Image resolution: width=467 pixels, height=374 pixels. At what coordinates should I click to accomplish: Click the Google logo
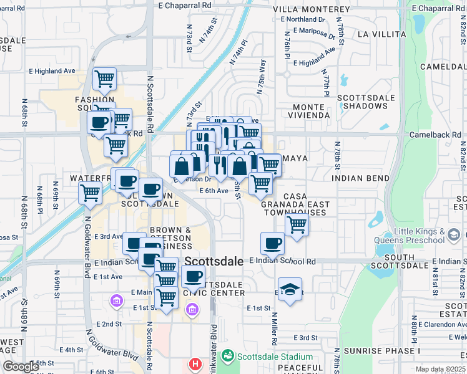pos(21,367)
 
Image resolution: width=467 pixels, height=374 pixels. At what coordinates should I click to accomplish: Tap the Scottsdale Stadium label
pos(273,357)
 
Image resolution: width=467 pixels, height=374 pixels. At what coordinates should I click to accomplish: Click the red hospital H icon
pos(195,363)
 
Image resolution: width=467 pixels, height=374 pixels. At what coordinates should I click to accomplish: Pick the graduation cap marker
pos(290,289)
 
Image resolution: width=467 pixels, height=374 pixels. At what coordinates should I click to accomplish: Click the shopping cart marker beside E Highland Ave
pos(104,79)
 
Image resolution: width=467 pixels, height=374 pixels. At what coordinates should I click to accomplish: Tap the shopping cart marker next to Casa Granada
pos(297,224)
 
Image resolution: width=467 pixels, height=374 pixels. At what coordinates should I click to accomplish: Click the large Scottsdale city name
pos(214,262)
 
